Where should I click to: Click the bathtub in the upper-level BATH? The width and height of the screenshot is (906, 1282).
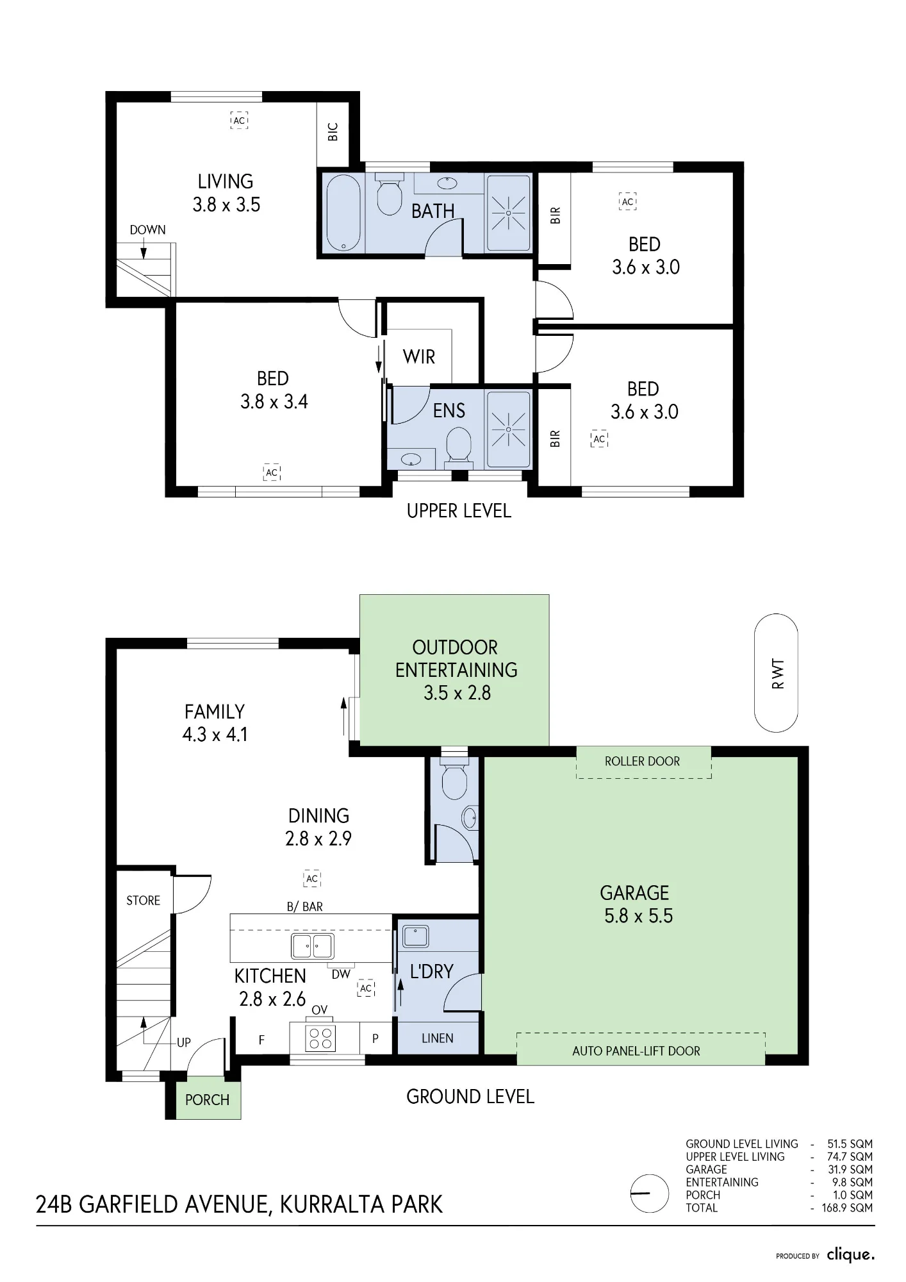point(343,213)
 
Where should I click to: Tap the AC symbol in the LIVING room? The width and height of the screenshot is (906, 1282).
point(239,120)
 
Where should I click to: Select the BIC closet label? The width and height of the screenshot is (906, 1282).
point(333,132)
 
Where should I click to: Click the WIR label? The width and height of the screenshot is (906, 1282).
point(419,356)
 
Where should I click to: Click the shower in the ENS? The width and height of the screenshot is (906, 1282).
point(509,429)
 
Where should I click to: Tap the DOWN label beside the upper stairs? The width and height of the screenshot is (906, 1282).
point(147,229)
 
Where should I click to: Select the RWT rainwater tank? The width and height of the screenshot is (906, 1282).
point(777,673)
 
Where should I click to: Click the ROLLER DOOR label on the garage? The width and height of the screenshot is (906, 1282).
point(642,761)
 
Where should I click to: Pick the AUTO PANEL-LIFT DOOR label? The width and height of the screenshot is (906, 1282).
point(636,1051)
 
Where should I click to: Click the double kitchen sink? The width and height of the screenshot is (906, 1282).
point(313,945)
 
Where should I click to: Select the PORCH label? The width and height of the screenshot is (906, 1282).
point(207,1100)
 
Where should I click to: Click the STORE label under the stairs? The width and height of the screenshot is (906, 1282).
point(143,901)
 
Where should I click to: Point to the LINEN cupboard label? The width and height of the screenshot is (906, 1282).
point(438,1038)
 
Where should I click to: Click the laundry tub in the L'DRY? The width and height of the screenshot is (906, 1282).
point(416,937)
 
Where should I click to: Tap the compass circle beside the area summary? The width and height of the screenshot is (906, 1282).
point(650,1193)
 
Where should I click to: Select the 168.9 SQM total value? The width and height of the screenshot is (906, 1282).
point(847,1208)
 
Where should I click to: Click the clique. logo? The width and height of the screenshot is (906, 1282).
point(850,1254)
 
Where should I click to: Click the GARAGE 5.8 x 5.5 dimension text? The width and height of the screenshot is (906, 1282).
point(638,916)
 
